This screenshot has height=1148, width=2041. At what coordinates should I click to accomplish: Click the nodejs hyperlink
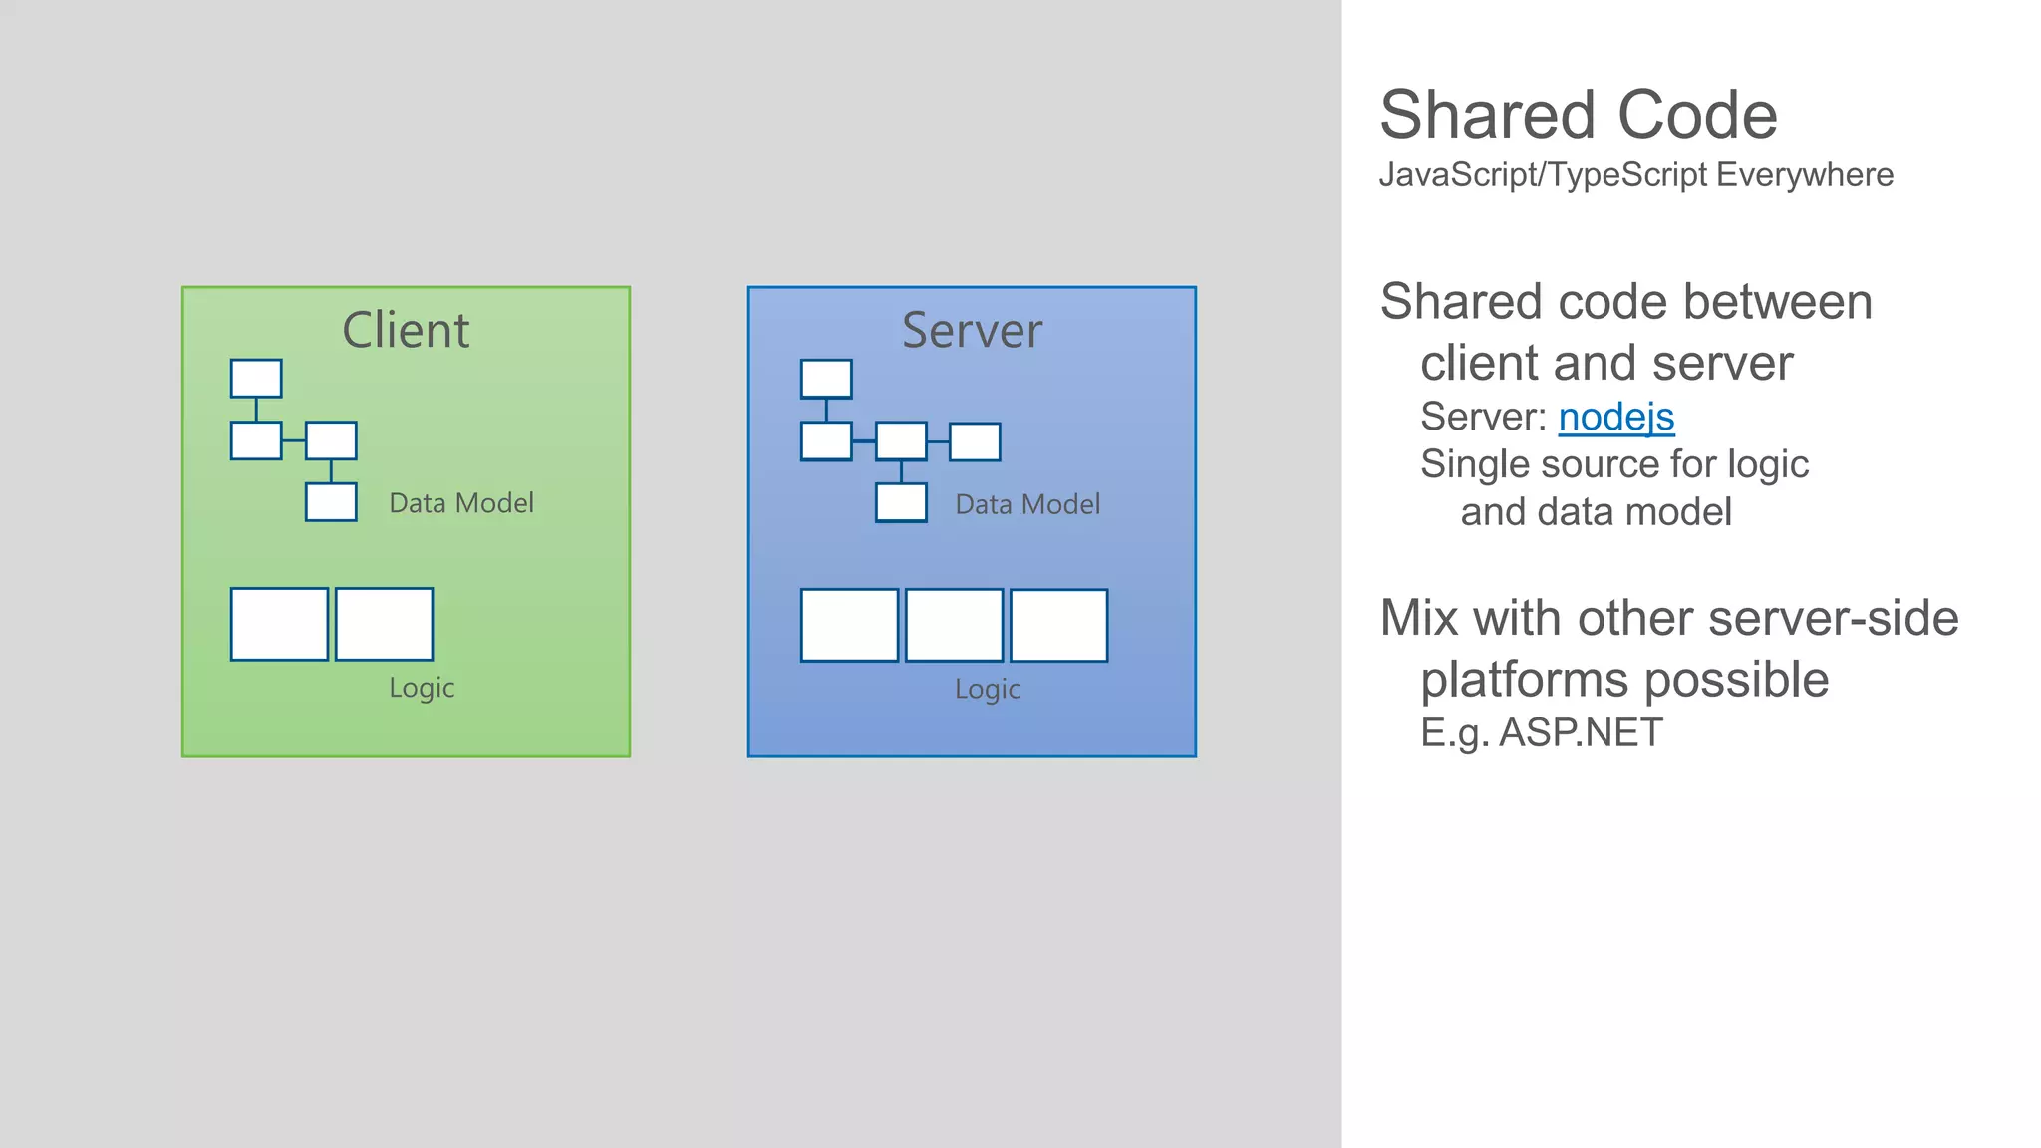[1615, 417]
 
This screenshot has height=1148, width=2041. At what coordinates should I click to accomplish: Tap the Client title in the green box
[406, 330]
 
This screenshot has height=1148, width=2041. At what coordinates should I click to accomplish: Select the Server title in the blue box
[972, 330]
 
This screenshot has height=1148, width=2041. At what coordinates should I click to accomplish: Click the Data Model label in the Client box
[461, 503]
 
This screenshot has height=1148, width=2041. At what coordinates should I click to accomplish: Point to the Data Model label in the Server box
[1027, 504]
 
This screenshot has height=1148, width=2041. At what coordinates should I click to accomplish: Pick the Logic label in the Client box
[422, 688]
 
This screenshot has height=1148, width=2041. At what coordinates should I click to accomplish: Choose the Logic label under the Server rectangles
[988, 689]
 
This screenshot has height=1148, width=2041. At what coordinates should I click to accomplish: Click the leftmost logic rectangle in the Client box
[279, 624]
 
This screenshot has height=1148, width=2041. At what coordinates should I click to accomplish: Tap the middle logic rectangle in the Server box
[954, 625]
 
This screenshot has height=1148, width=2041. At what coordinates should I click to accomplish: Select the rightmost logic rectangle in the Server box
[1058, 625]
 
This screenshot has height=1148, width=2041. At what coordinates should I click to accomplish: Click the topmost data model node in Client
[256, 379]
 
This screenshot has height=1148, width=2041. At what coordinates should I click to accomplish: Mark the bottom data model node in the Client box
[331, 502]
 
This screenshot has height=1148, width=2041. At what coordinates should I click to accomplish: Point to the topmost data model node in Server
[826, 379]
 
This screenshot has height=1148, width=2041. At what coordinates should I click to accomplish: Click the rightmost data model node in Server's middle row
[975, 441]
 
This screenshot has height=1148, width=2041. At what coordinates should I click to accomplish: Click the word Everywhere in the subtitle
[1805, 175]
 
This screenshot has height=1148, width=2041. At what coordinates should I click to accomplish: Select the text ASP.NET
[1581, 733]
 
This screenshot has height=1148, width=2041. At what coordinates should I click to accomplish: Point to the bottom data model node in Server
[901, 502]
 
